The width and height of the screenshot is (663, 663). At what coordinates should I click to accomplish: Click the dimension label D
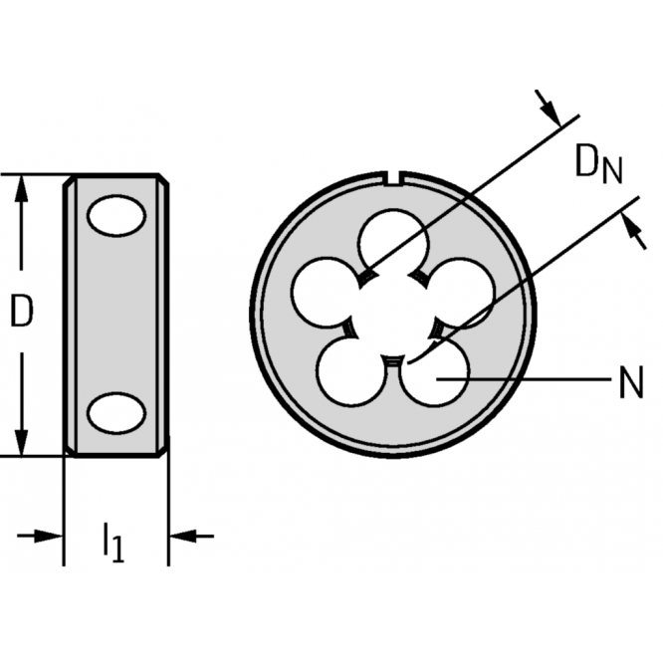pos(21,311)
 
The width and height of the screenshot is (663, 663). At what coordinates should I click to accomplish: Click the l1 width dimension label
pos(114,543)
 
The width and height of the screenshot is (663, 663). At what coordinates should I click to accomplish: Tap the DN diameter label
pos(598,163)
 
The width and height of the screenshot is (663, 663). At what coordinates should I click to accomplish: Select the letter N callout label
pos(631,382)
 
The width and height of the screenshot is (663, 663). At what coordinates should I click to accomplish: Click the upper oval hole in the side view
pos(116,215)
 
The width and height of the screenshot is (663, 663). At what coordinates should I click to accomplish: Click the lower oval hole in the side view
pos(116,413)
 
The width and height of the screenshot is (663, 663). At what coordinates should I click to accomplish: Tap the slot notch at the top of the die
pos(393,177)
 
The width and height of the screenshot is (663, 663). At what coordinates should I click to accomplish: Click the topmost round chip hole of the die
pos(393,242)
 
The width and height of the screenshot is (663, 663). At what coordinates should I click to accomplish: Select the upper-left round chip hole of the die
pos(325,292)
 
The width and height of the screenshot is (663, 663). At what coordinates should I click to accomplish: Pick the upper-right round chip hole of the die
pos(461,292)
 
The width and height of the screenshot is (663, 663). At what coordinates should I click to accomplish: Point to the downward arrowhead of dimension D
pos(21,442)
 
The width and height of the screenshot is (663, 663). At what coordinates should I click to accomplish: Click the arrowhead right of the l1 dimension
pos(183,537)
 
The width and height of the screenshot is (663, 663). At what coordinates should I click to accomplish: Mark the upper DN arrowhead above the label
pos(552,112)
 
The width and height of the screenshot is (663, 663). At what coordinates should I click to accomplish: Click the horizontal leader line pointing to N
pos(524,379)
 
